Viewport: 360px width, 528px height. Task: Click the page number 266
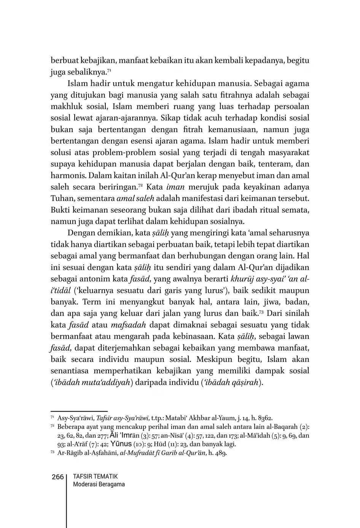(x=57, y=477)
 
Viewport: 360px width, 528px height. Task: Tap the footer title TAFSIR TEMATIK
(x=95, y=477)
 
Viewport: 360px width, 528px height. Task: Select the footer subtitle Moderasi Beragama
(x=99, y=484)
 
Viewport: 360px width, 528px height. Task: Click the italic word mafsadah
(x=126, y=325)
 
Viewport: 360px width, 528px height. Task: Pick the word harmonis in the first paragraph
(x=64, y=176)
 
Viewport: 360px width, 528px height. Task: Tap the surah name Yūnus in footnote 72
(x=121, y=444)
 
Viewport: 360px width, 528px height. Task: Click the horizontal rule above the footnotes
(x=79, y=411)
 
